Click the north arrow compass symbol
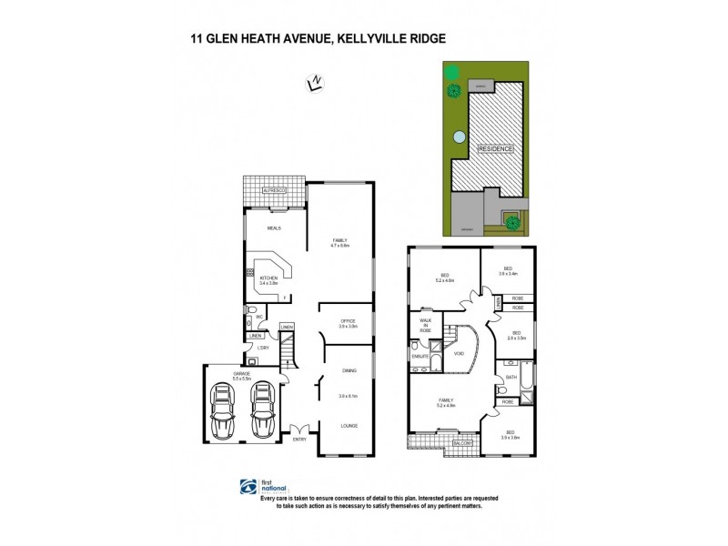pyautogui.click(x=314, y=85)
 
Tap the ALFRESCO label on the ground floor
pyautogui.click(x=273, y=190)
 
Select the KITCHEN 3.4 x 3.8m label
pyautogui.click(x=269, y=280)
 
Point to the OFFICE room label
pyautogui.click(x=348, y=319)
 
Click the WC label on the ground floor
pyautogui.click(x=259, y=317)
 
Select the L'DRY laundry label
pyautogui.click(x=262, y=349)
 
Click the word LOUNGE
pyautogui.click(x=349, y=424)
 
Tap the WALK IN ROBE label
pyautogui.click(x=424, y=325)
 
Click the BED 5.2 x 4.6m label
pyautogui.click(x=445, y=279)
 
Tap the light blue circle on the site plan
pyautogui.click(x=459, y=138)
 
